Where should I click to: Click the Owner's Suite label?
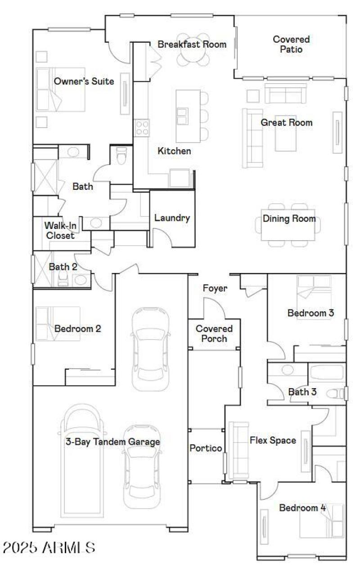click(x=84, y=81)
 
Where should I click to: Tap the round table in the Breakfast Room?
click(x=193, y=49)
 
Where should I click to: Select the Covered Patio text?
click(x=291, y=45)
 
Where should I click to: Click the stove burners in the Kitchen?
click(x=142, y=127)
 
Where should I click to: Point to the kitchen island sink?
click(x=182, y=116)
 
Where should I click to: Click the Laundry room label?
click(x=172, y=218)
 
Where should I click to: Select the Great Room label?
click(x=286, y=122)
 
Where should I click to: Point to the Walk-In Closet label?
click(x=59, y=230)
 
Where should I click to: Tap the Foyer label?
click(x=215, y=288)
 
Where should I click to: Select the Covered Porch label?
click(x=214, y=334)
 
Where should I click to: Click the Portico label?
click(x=205, y=448)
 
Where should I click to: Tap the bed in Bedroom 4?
click(x=321, y=521)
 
